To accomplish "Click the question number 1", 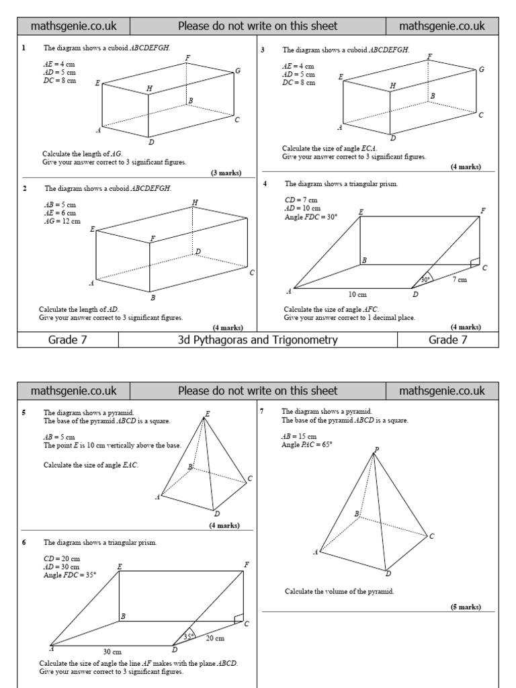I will point(24,48).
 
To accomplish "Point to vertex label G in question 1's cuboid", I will point(238,71).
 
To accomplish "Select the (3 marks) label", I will point(226,173).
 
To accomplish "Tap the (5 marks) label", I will point(466,607).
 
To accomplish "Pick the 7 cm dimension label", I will point(460,279).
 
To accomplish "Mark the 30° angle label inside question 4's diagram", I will point(425,279).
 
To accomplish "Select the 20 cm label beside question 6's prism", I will point(216,638).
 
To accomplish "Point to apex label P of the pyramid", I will point(376,449).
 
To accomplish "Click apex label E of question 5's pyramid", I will point(207,414).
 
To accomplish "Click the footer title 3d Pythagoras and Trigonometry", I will point(257,340).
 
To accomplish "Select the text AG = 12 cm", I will point(62,221).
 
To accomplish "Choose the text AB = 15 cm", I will point(299,436).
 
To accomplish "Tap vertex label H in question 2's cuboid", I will point(195,202).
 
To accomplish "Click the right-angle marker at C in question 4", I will point(475,262).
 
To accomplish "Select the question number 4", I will point(265,183).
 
